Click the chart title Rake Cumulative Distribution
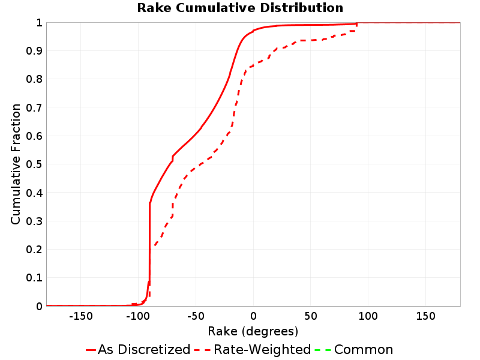(x=240, y=8)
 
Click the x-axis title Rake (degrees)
(x=253, y=331)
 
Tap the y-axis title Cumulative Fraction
(x=16, y=164)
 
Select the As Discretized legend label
(x=144, y=349)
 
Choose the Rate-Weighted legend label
(x=262, y=349)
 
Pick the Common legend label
(x=364, y=349)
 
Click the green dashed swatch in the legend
(x=323, y=350)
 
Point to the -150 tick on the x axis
(x=81, y=316)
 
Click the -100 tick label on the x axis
(x=138, y=316)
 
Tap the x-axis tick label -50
(x=196, y=316)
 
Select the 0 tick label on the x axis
(x=253, y=316)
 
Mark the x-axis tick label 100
(x=368, y=316)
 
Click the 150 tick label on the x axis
(x=425, y=316)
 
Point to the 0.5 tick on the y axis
(x=34, y=164)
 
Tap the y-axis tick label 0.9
(x=34, y=50)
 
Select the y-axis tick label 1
(x=39, y=22)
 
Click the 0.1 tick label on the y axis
(x=34, y=278)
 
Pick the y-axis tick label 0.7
(x=34, y=107)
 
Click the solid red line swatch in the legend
(x=91, y=350)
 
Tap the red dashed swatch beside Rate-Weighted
(x=202, y=350)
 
